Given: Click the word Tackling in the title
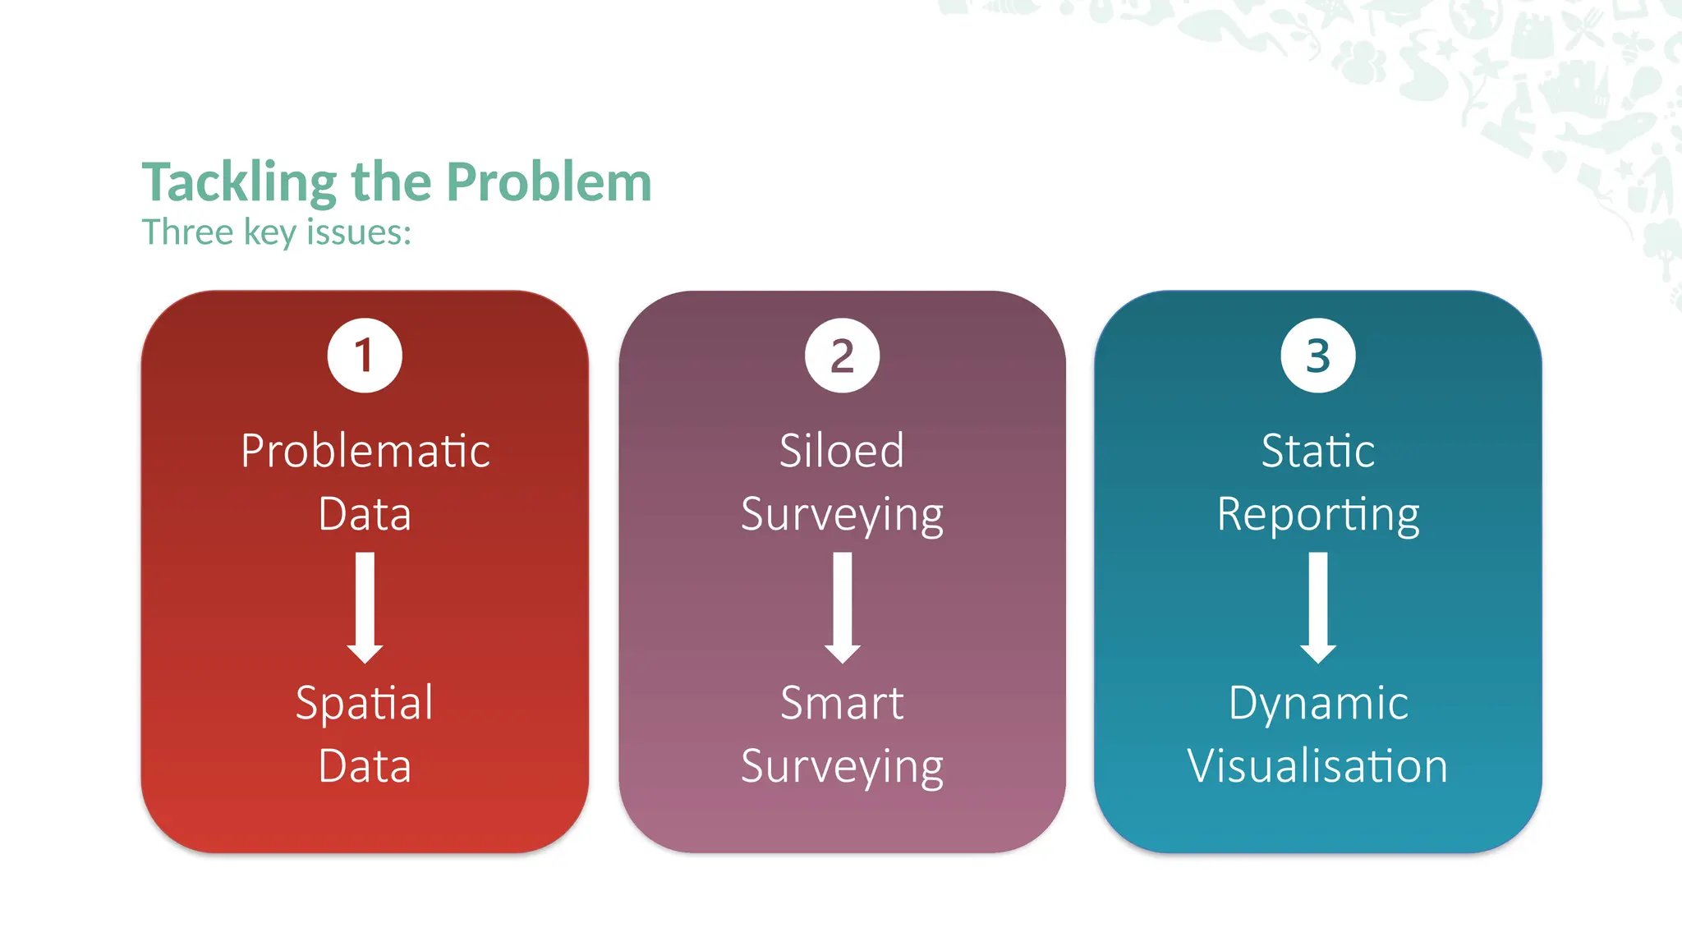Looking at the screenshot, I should pyautogui.click(x=239, y=182).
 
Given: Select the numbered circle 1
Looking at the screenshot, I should pyautogui.click(x=365, y=356).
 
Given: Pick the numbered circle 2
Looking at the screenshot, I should pyautogui.click(x=842, y=356).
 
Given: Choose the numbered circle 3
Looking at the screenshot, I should pyautogui.click(x=1317, y=356).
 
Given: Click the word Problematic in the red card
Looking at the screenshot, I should pyautogui.click(x=365, y=452).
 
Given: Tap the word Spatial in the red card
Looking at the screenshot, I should pyautogui.click(x=365, y=704).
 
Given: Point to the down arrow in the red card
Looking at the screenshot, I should pyautogui.click(x=365, y=608).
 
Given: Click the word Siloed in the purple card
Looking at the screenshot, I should pyautogui.click(x=842, y=452).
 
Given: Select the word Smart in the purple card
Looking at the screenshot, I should pyautogui.click(x=842, y=704).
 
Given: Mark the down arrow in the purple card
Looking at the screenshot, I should pyautogui.click(x=842, y=608).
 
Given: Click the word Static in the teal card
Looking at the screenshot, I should pyautogui.click(x=1317, y=452).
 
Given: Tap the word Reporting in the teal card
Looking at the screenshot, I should pyautogui.click(x=1317, y=516).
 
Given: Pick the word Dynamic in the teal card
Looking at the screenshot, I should pyautogui.click(x=1317, y=704).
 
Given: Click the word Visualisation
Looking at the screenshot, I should pyautogui.click(x=1317, y=766).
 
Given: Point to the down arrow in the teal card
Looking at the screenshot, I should pyautogui.click(x=1317, y=608).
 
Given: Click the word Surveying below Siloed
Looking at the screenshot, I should pyautogui.click(x=842, y=516).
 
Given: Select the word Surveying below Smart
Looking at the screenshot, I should pyautogui.click(x=842, y=768).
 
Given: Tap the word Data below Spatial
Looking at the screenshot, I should pyautogui.click(x=365, y=766).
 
